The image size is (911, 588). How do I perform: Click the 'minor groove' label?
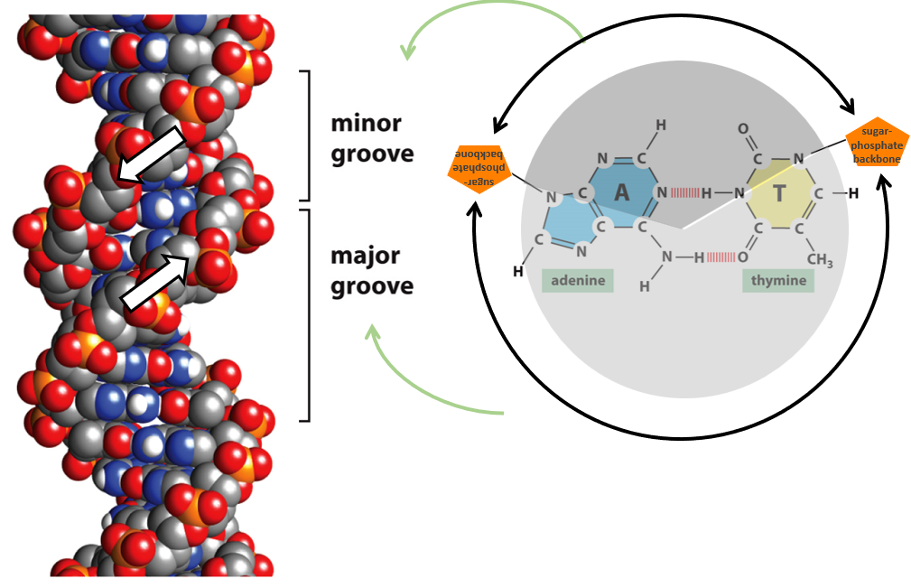tap(371, 137)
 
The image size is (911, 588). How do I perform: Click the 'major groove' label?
tap(371, 272)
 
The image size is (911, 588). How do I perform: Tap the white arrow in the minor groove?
tap(150, 154)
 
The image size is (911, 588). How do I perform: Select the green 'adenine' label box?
tap(577, 281)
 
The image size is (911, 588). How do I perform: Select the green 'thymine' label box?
tap(778, 281)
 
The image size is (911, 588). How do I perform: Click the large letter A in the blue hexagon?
tap(621, 192)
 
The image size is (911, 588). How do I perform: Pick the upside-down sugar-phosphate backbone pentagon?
tap(479, 164)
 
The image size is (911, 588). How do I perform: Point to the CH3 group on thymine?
tap(819, 260)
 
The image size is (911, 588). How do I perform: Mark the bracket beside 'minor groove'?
tap(308, 135)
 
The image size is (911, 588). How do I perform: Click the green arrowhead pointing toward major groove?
tap(371, 333)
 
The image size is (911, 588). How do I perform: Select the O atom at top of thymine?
tap(743, 129)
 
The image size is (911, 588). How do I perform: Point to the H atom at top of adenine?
tap(661, 126)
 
